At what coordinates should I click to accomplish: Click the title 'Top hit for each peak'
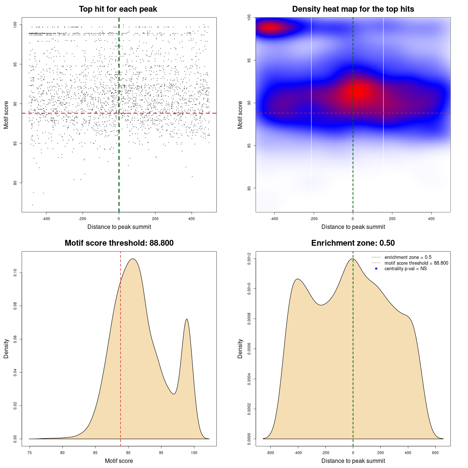(x=118, y=9)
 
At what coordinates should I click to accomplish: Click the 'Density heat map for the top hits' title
(x=353, y=9)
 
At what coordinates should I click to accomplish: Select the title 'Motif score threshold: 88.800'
(x=119, y=243)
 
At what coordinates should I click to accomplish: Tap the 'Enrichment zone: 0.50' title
(x=353, y=243)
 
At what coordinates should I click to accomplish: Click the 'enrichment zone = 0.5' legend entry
(x=408, y=257)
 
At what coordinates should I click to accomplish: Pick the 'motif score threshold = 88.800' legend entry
(x=416, y=263)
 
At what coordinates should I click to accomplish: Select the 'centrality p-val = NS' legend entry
(x=405, y=269)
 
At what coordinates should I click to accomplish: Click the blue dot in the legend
(x=376, y=269)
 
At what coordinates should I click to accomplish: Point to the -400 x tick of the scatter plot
(x=46, y=219)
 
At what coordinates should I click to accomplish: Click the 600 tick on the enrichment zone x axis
(x=435, y=453)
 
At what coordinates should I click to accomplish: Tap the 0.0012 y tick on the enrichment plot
(x=249, y=259)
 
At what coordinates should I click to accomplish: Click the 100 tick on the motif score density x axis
(x=194, y=453)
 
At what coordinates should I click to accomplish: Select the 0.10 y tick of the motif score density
(x=15, y=273)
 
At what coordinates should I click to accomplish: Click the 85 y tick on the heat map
(x=249, y=146)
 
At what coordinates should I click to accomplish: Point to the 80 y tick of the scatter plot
(x=15, y=183)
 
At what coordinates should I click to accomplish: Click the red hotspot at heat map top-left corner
(x=271, y=27)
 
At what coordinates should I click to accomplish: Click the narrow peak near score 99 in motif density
(x=187, y=320)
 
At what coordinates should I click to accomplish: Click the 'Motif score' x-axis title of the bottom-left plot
(x=119, y=461)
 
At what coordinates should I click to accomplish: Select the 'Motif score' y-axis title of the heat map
(x=240, y=115)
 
